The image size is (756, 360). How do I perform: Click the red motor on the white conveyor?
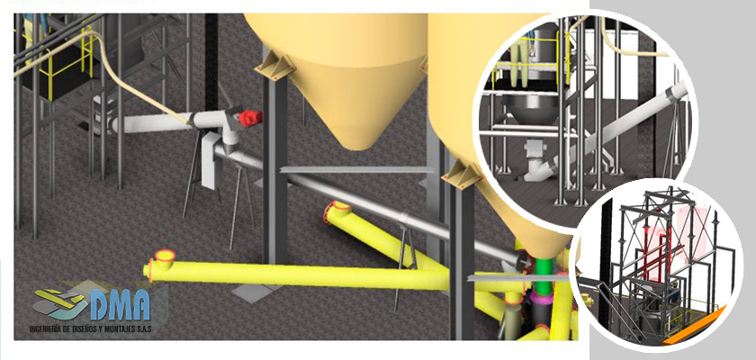tap(250, 118)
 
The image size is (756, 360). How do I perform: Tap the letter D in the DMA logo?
tap(99, 305)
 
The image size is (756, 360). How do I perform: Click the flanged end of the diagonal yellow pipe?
tap(337, 211)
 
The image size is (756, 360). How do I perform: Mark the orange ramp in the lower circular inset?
tap(694, 328)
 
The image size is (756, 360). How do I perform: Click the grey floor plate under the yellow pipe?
tap(253, 292)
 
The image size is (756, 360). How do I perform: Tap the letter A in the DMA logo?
tap(139, 305)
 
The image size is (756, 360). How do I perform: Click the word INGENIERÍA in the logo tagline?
tap(45, 330)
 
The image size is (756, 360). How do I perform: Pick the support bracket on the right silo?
tap(463, 173)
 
